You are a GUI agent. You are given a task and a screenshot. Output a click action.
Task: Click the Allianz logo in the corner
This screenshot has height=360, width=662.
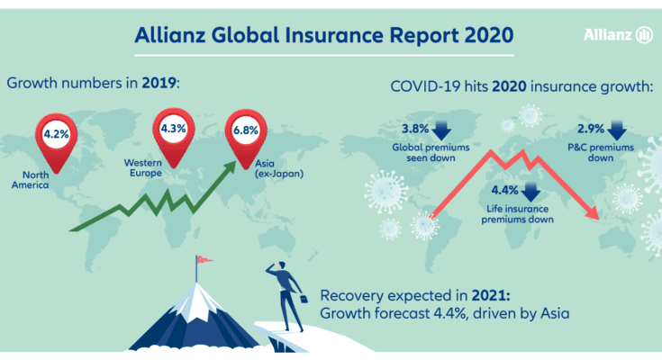618,34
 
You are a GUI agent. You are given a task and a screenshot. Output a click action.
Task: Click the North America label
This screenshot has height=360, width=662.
31,180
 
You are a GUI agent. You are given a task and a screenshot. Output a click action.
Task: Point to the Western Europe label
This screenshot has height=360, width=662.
142,167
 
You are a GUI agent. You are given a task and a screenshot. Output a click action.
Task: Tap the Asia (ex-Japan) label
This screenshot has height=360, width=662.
279,168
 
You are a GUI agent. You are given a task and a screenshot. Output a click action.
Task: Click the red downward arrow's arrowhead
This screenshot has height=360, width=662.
592,212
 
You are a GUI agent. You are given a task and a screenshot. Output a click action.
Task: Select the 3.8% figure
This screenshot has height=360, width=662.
415,129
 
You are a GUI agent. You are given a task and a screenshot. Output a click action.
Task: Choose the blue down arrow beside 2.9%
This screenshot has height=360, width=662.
617,130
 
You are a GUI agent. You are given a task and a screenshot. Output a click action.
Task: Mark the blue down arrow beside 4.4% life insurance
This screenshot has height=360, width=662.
531,192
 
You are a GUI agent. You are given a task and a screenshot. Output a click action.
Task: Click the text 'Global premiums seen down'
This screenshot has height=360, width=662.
431,152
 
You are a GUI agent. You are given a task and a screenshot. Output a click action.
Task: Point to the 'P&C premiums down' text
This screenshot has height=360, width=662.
601,152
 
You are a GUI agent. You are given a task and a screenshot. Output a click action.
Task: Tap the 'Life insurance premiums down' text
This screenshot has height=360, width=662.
517,214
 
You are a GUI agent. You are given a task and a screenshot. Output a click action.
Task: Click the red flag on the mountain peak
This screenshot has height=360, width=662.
204,259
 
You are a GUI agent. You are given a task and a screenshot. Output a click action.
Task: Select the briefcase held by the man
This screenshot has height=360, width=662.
304,299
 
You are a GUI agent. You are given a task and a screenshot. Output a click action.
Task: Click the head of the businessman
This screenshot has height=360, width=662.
281,265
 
